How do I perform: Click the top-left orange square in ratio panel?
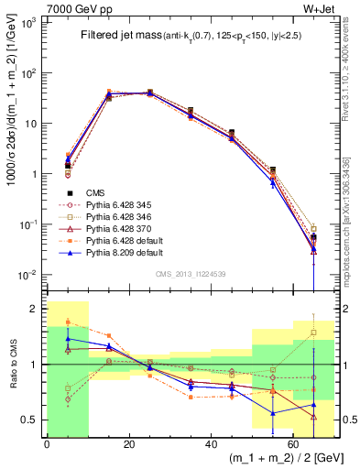[x=68, y=322]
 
